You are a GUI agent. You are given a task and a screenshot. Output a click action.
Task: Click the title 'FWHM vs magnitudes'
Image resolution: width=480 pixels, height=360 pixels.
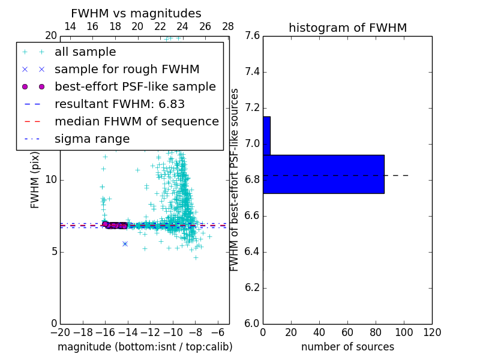pyautogui.click(x=136, y=14)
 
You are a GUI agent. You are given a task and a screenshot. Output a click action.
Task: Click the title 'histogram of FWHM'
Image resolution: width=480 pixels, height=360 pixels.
pyautogui.click(x=347, y=28)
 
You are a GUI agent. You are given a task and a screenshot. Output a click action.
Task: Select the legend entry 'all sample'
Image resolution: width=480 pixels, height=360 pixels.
pyautogui.click(x=85, y=52)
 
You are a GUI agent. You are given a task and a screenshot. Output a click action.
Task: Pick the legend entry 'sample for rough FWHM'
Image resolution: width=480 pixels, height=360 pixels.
pyautogui.click(x=127, y=70)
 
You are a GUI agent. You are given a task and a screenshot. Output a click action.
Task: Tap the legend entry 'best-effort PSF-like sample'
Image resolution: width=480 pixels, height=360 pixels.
pyautogui.click(x=135, y=86)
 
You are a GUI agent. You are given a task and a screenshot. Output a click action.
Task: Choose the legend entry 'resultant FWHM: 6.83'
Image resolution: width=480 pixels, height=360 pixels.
pyautogui.click(x=119, y=104)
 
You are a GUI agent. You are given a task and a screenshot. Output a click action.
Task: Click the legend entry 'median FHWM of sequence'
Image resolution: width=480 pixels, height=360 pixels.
pyautogui.click(x=136, y=121)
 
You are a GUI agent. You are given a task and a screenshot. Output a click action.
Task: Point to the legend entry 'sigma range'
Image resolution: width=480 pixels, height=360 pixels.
pyautogui.click(x=92, y=139)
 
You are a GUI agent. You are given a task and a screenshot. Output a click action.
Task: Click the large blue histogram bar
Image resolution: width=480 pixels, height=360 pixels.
pyautogui.click(x=323, y=174)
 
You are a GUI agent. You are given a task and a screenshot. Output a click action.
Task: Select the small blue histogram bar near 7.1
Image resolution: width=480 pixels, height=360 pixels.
pyautogui.click(x=266, y=136)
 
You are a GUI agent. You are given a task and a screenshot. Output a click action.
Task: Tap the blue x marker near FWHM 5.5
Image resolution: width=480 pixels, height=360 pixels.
pyautogui.click(x=125, y=244)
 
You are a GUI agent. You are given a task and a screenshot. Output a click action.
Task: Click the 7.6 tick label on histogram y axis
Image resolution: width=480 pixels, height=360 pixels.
pyautogui.click(x=252, y=36)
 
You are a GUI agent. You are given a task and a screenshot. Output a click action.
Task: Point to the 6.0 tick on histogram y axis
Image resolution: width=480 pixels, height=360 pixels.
pyautogui.click(x=252, y=323)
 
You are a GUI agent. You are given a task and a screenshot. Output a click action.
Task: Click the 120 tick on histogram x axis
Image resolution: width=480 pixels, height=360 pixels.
pyautogui.click(x=432, y=332)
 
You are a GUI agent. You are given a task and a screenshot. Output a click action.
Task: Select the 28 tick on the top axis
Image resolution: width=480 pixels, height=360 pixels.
pyautogui.click(x=228, y=27)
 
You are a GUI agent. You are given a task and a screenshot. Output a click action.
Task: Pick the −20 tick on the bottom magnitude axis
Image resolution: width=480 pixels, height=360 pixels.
pyautogui.click(x=60, y=332)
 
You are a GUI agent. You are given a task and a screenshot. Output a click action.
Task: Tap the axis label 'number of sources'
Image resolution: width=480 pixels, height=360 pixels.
pyautogui.click(x=347, y=347)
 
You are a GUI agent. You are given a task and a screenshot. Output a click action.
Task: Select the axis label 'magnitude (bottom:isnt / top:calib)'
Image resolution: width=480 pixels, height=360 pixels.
pyautogui.click(x=145, y=347)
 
